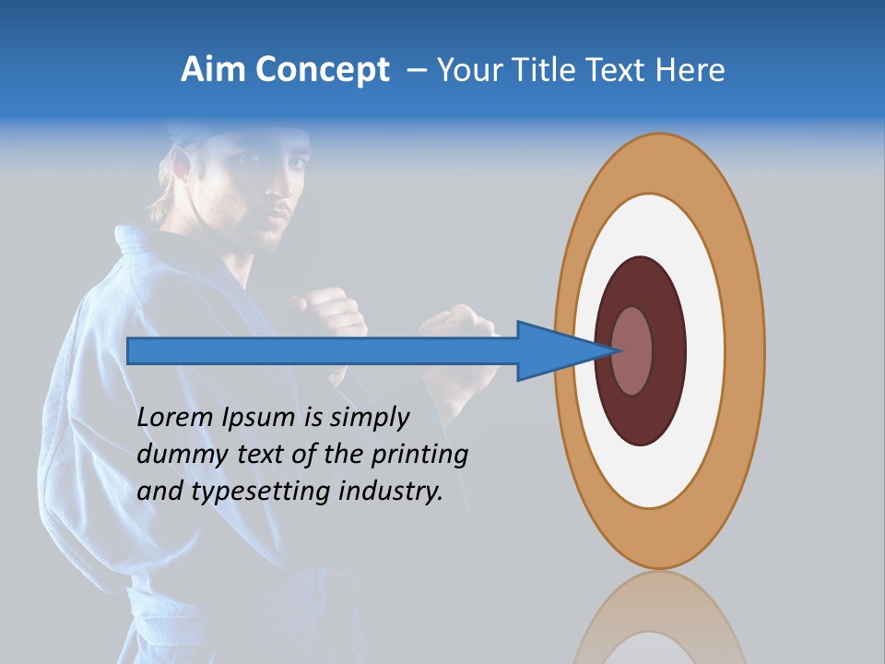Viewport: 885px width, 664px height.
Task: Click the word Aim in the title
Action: click(x=213, y=70)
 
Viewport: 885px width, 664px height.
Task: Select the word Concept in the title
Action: click(x=323, y=71)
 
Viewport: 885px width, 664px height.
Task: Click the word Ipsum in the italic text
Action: click(x=260, y=418)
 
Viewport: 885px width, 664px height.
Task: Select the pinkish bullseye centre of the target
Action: click(x=633, y=350)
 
